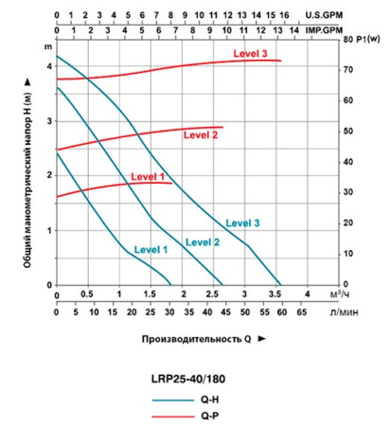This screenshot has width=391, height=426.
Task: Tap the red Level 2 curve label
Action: click(x=201, y=135)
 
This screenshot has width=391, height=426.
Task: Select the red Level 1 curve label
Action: click(x=148, y=176)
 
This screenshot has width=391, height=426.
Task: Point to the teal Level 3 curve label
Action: click(x=242, y=222)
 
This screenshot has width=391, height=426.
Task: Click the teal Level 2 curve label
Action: click(x=203, y=242)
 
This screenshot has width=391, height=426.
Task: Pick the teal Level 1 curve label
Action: click(x=150, y=249)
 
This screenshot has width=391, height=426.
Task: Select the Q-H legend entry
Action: click(x=213, y=399)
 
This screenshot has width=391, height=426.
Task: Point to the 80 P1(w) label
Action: click(x=361, y=40)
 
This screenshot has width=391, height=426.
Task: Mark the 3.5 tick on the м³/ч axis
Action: click(x=275, y=295)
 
